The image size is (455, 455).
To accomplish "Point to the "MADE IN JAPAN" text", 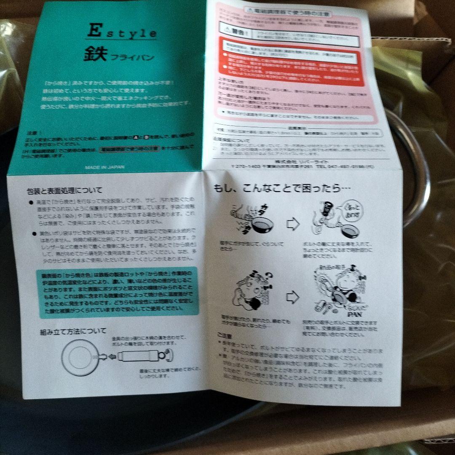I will [x=105, y=167].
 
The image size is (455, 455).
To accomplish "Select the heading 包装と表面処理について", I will [x=64, y=190].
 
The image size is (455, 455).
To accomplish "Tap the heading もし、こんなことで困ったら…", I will [x=282, y=188].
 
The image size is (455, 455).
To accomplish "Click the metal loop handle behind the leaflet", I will [x=411, y=169].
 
